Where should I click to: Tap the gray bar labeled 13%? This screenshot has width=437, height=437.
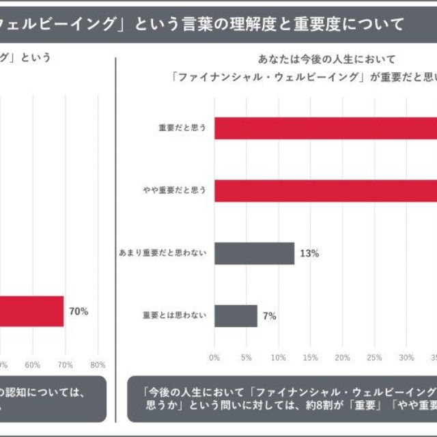point(254,253)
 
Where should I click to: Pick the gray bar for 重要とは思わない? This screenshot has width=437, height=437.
point(236,315)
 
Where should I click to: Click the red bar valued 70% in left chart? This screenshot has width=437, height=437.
point(31,311)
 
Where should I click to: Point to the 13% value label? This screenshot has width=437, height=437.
point(309,253)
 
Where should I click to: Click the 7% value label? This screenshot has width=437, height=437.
point(269,315)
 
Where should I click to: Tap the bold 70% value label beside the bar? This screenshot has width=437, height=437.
point(79,311)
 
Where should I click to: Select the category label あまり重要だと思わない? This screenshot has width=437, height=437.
point(163,253)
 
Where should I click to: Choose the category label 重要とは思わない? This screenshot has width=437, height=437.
point(173,315)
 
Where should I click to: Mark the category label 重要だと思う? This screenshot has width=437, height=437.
point(182,128)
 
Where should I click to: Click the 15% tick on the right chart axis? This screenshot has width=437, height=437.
point(310,357)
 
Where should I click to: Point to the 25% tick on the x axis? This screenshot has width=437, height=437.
point(374,357)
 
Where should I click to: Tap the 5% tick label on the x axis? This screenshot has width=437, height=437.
point(246,357)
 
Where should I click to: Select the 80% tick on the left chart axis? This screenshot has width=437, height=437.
point(98,364)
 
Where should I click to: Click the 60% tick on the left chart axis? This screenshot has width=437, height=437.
point(32,364)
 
